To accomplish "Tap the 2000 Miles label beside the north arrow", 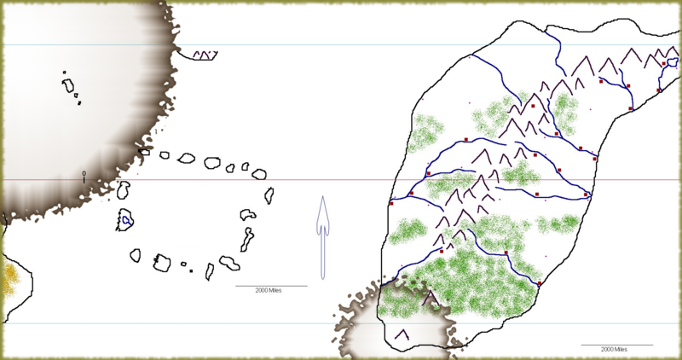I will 269,291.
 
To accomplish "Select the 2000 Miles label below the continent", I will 614,350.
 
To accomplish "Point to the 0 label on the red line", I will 84,174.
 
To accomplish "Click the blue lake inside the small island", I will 125,220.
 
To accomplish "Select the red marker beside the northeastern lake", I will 664,64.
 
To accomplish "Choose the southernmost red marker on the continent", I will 540,283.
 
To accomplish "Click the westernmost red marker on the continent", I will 391,203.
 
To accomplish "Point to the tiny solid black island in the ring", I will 191,270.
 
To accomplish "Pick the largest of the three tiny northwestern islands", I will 67,85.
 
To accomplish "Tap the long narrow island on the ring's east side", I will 248,238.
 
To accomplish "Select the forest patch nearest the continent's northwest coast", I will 425,133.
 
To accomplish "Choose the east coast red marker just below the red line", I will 587,195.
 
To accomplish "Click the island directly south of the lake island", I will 135,254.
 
